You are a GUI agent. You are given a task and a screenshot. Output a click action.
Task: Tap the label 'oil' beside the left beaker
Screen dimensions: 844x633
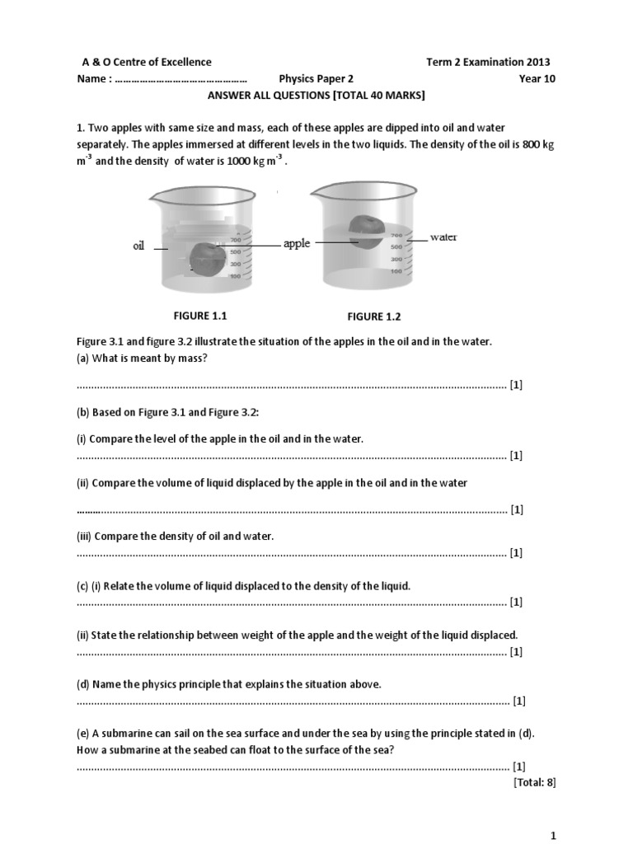[138, 246]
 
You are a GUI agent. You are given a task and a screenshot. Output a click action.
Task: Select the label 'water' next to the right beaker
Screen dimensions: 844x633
[443, 237]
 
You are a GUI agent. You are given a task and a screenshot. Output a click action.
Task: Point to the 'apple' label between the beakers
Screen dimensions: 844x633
[297, 244]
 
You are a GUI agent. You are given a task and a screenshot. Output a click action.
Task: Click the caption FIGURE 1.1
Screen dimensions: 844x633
[199, 316]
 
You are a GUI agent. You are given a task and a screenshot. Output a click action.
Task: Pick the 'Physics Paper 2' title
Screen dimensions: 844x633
[316, 79]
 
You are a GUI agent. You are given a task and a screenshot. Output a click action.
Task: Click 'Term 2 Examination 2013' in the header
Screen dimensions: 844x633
[488, 62]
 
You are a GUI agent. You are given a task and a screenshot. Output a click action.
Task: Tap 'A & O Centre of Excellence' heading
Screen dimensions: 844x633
[146, 62]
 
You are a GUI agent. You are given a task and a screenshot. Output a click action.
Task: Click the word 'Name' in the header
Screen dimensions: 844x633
[91, 79]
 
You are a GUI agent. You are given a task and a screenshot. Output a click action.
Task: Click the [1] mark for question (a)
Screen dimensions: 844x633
[516, 385]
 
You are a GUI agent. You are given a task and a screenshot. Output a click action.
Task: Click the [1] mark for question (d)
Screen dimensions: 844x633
[518, 701]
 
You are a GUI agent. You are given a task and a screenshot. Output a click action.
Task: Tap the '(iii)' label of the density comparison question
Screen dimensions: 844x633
[84, 536]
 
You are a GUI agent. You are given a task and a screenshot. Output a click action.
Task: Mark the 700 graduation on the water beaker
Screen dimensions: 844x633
[396, 236]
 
